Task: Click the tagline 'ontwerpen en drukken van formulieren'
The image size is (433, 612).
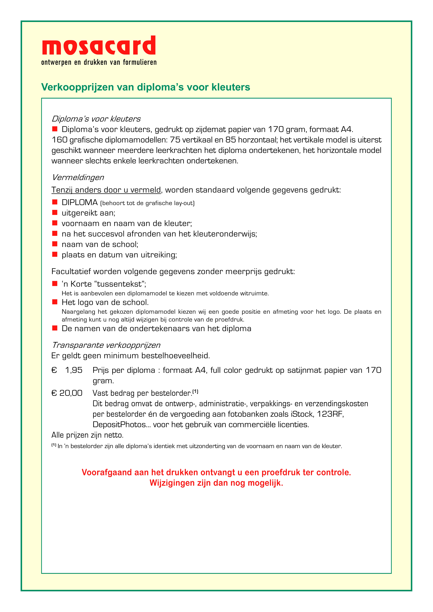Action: pos(99,62)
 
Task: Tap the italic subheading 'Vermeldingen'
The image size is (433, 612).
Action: pos(78,178)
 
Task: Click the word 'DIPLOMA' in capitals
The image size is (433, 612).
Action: pos(80,203)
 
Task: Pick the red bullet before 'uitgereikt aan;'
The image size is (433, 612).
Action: pos(55,212)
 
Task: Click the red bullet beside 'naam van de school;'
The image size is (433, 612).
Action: pos(55,244)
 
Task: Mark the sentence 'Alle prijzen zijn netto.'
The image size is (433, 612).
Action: pos(88,435)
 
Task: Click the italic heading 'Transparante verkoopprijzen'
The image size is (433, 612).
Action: pos(106,345)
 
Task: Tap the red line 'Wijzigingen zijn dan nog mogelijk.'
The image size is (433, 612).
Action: pos(216,483)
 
